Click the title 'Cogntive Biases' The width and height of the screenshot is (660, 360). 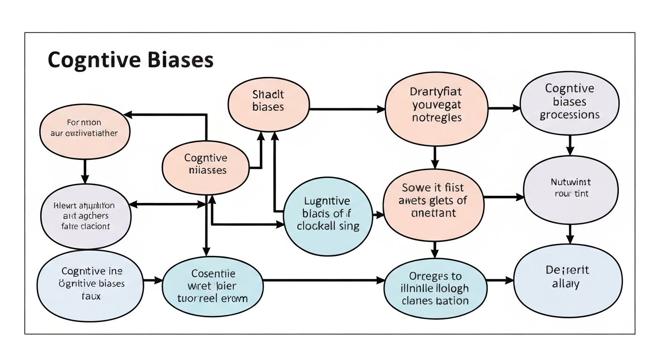pyautogui.click(x=130, y=60)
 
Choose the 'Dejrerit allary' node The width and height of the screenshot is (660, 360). pyautogui.click(x=568, y=277)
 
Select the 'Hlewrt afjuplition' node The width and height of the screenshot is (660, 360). pyautogui.click(x=85, y=216)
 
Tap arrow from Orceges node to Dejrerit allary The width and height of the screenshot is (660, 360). pyautogui.click(x=500, y=280)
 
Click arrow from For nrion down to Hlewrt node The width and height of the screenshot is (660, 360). pyautogui.click(x=85, y=171)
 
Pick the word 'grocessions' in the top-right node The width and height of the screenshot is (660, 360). pyautogui.click(x=570, y=115)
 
